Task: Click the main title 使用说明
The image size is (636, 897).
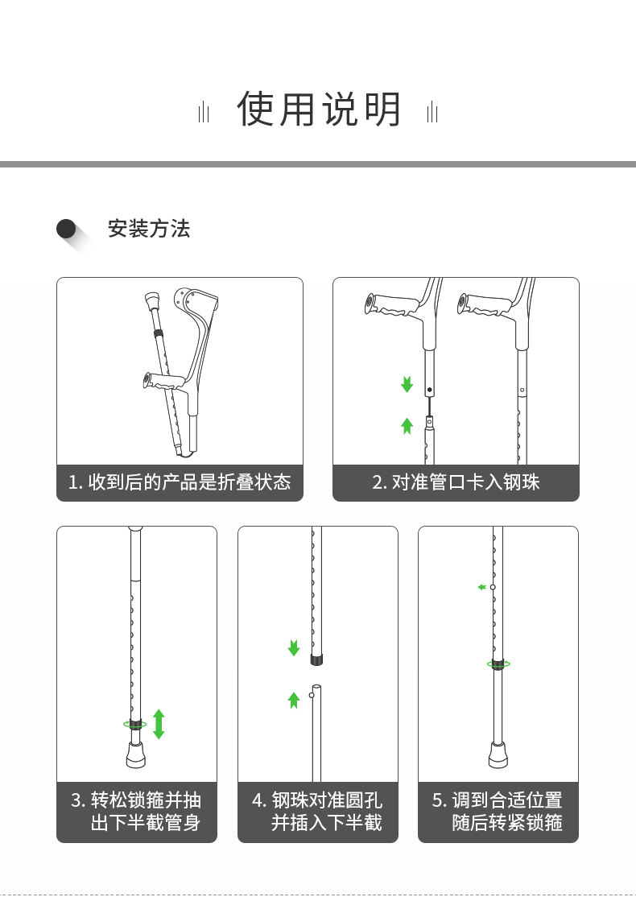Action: (x=319, y=109)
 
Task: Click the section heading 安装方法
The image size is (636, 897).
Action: (x=149, y=229)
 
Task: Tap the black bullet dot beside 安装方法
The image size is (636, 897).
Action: (x=66, y=229)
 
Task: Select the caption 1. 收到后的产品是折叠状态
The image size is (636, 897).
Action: (x=180, y=482)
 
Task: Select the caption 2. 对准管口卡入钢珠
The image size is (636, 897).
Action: (x=456, y=482)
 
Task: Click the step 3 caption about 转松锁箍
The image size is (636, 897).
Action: (x=136, y=811)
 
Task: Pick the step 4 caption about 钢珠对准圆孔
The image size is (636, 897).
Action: (x=317, y=811)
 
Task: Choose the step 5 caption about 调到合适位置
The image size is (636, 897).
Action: (x=498, y=811)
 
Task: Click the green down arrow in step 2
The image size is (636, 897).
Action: (x=407, y=384)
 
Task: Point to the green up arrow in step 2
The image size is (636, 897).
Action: (x=407, y=426)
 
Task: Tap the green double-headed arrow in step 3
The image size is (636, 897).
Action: (x=159, y=724)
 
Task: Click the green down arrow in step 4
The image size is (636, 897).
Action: (x=294, y=647)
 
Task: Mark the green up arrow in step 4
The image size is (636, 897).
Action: (x=294, y=700)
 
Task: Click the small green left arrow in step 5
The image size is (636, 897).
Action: (x=482, y=587)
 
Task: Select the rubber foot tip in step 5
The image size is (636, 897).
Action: (x=498, y=755)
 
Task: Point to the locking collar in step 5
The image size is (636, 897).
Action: (x=498, y=664)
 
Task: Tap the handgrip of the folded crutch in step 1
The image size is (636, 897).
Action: (x=165, y=381)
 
